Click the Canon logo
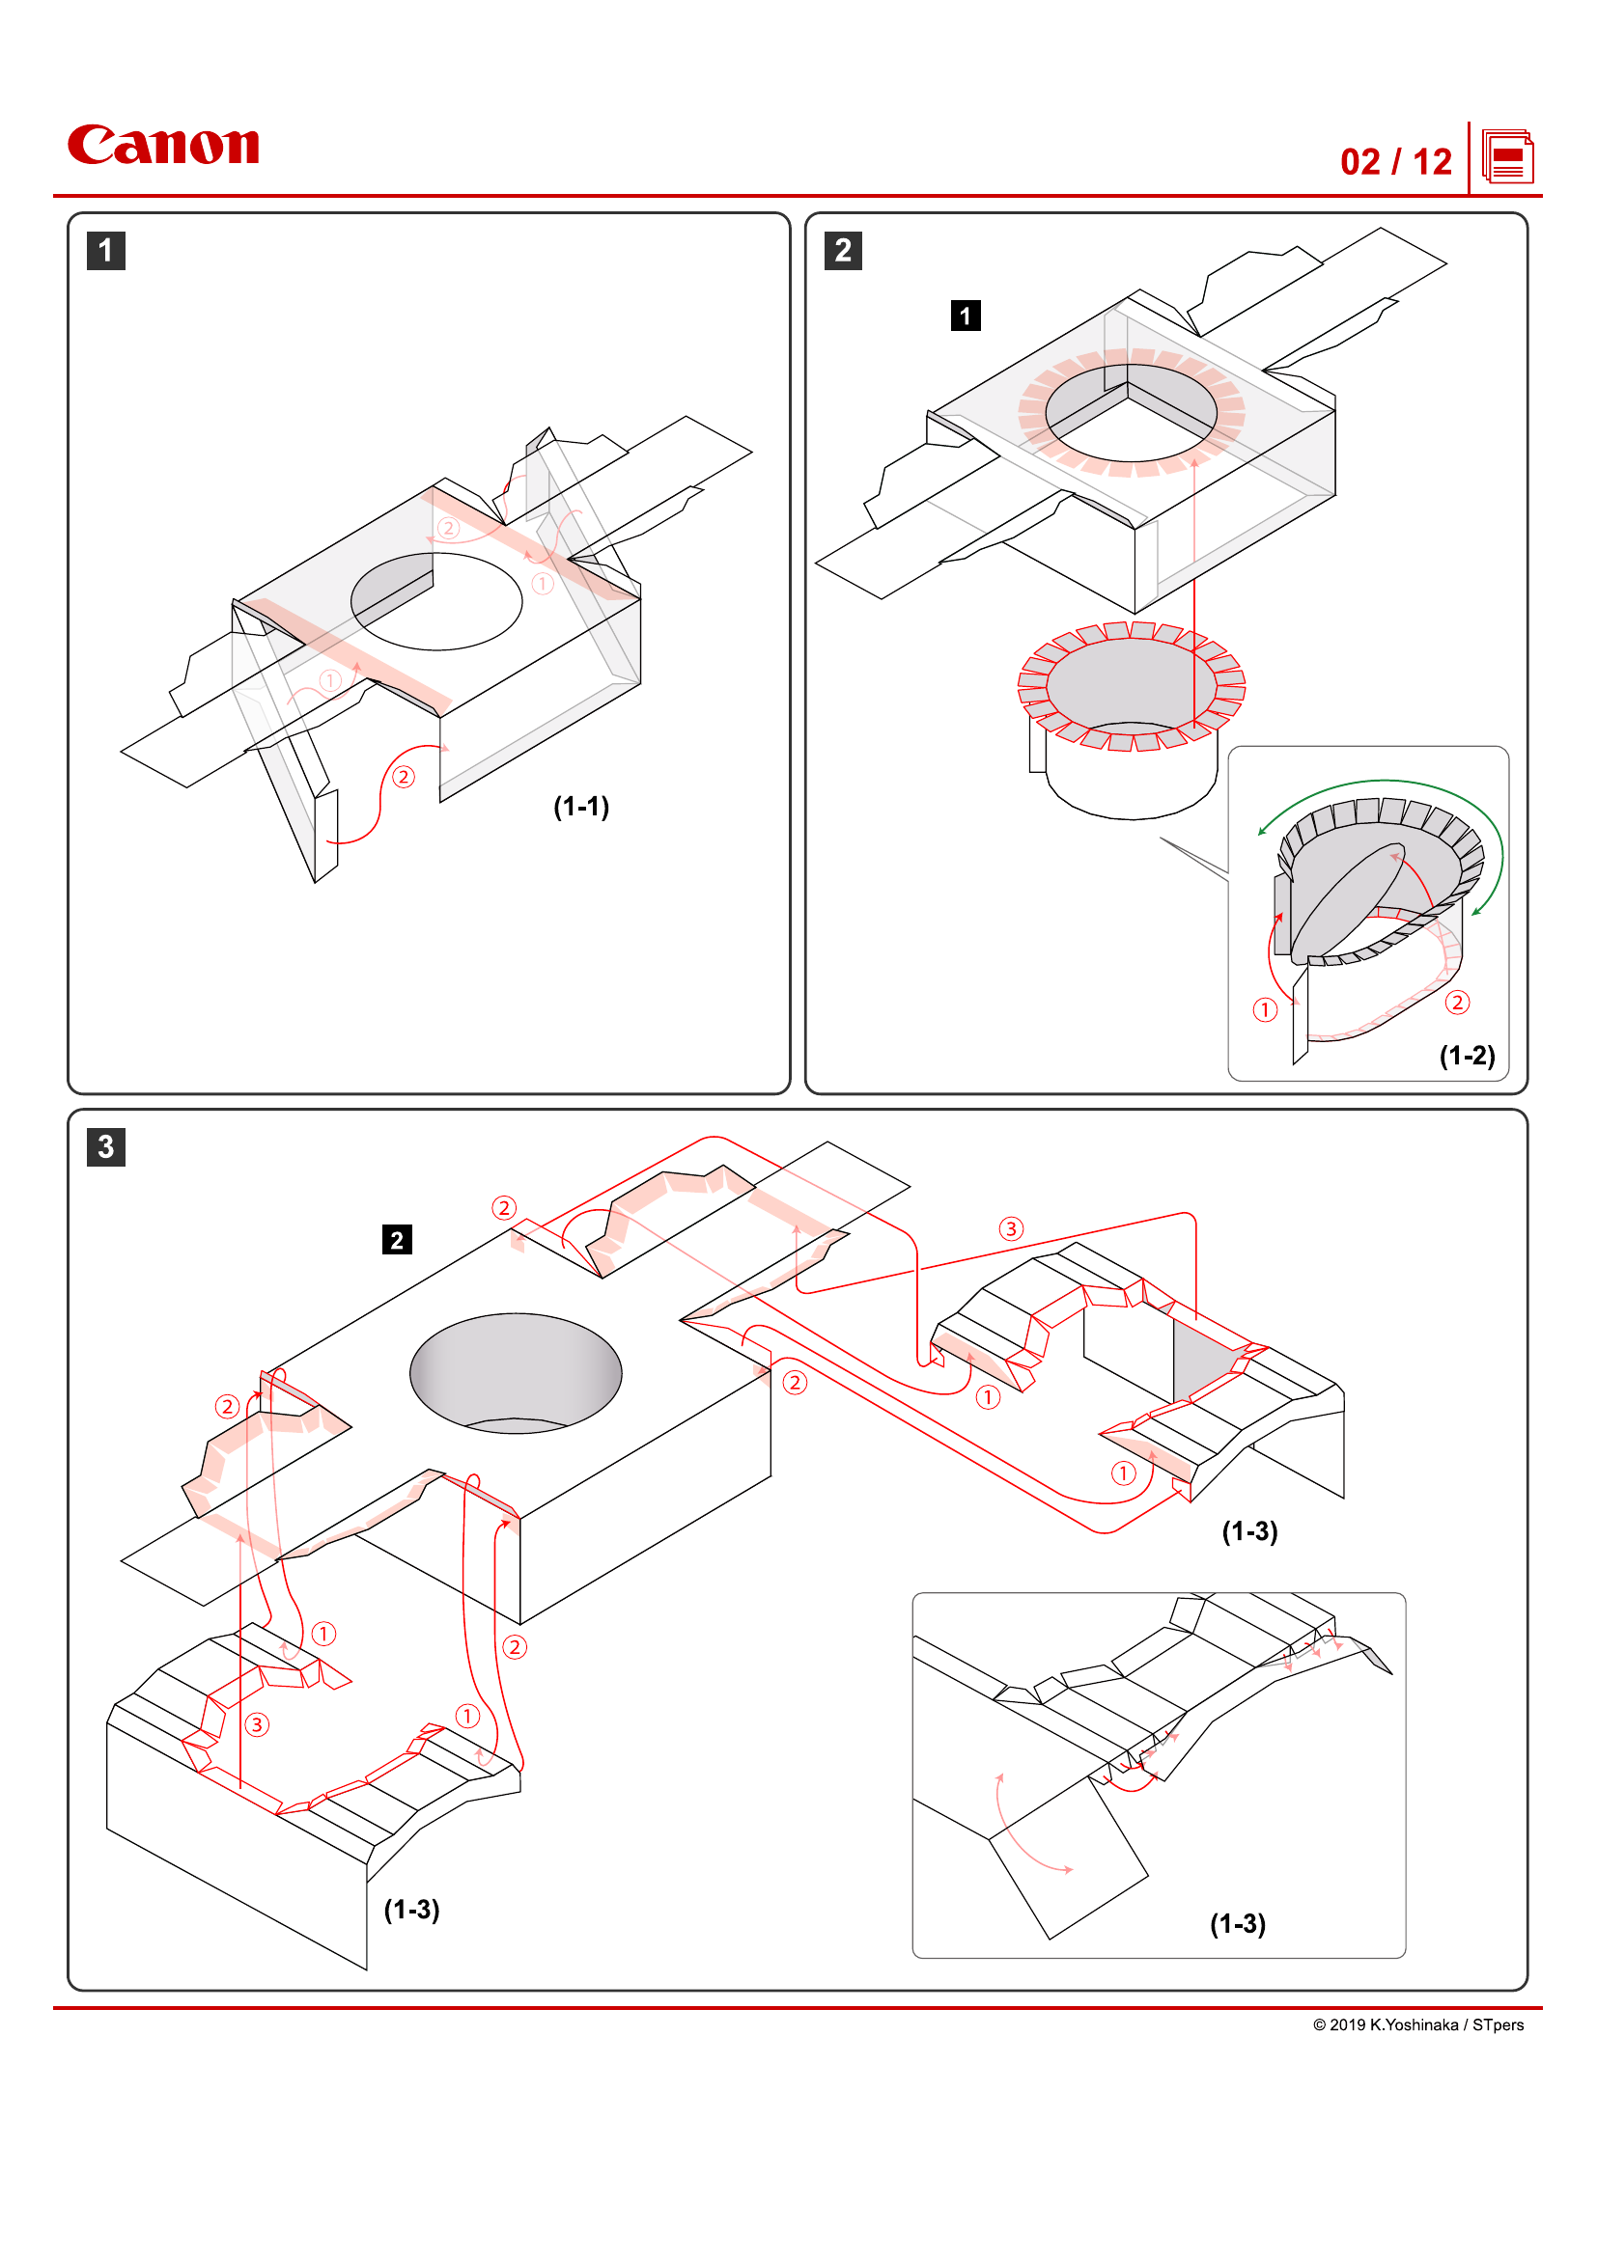pos(163,146)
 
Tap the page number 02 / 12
pos(1395,162)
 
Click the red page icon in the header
pos(1506,157)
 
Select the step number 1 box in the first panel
pos(106,251)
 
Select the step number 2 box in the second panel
pos(843,251)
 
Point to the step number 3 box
pos(106,1146)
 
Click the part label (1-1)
pos(581,807)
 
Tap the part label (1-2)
pos(1467,1056)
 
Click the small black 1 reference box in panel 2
pos(966,316)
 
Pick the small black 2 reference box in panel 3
pos(396,1240)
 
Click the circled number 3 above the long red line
pos(1011,1228)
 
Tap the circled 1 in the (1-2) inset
pos(1265,1009)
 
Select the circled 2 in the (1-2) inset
pos(1457,1002)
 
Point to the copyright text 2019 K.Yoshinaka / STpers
pos(1418,2025)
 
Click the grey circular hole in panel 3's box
pos(516,1371)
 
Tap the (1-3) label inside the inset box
pos(1237,1924)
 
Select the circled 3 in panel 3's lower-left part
pos(257,1724)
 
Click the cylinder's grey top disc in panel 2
pos(1131,680)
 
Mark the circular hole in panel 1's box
pos(436,601)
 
